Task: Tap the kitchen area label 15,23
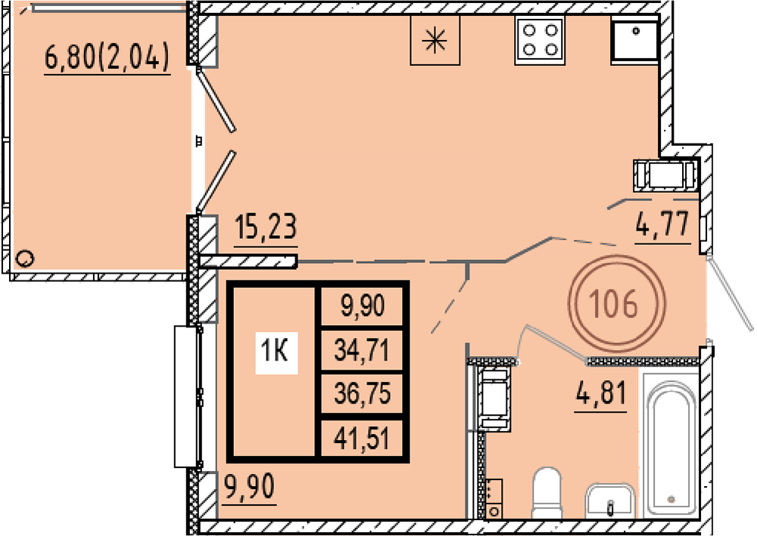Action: coord(266,227)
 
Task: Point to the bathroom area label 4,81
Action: coord(601,392)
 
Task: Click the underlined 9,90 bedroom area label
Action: coord(250,486)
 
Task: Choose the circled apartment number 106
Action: coord(616,304)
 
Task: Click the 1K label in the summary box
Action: coord(276,352)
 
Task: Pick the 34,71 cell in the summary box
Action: coord(362,351)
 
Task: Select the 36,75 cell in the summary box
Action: coord(362,394)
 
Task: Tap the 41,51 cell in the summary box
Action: coord(362,438)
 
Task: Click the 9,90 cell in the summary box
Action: coord(363,305)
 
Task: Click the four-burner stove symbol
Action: coord(540,41)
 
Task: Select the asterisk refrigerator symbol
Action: coord(435,40)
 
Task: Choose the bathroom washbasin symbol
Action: coord(609,500)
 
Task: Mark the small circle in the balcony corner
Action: coord(24,259)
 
